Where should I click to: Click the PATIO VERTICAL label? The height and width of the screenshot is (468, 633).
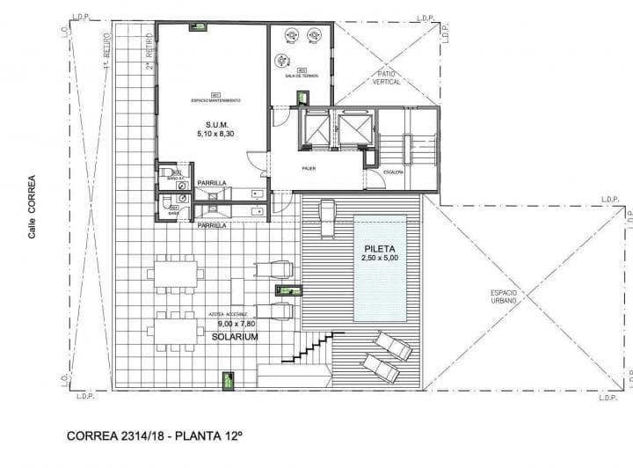388,77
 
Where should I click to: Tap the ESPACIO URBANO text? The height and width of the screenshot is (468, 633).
503,296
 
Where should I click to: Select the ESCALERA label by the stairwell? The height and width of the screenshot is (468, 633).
392,172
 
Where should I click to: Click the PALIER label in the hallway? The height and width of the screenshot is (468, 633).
309,168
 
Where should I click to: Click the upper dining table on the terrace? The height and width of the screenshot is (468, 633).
172,273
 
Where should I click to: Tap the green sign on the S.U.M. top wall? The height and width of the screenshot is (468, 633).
201,27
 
